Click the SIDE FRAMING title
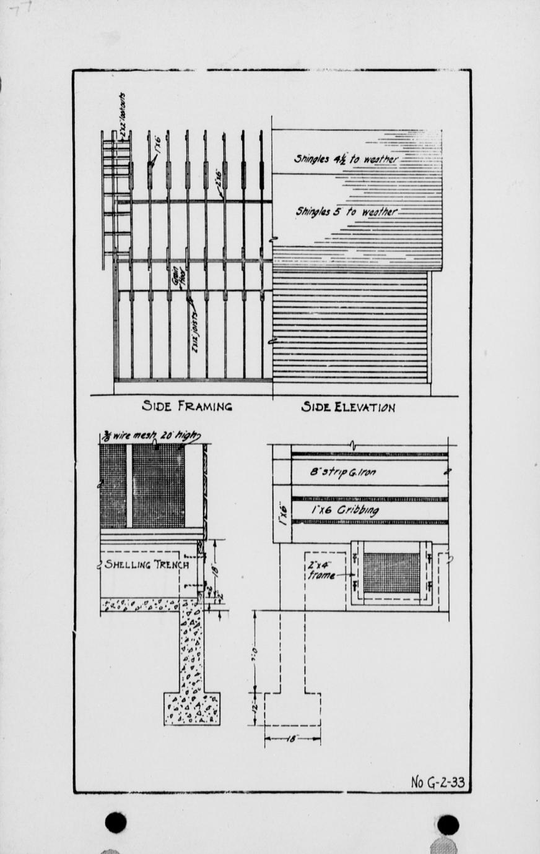[187, 407]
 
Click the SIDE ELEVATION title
[348, 407]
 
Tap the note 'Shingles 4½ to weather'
[345, 159]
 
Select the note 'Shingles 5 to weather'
[346, 212]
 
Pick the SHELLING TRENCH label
[146, 564]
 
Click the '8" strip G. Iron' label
[342, 473]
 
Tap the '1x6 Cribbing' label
[345, 511]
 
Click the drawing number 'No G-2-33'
[437, 782]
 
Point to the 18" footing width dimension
[292, 738]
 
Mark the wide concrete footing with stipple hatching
[191, 708]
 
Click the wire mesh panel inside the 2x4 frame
[391, 573]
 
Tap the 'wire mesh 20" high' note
[150, 436]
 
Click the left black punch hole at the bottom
[116, 822]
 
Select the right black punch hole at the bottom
[448, 824]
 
